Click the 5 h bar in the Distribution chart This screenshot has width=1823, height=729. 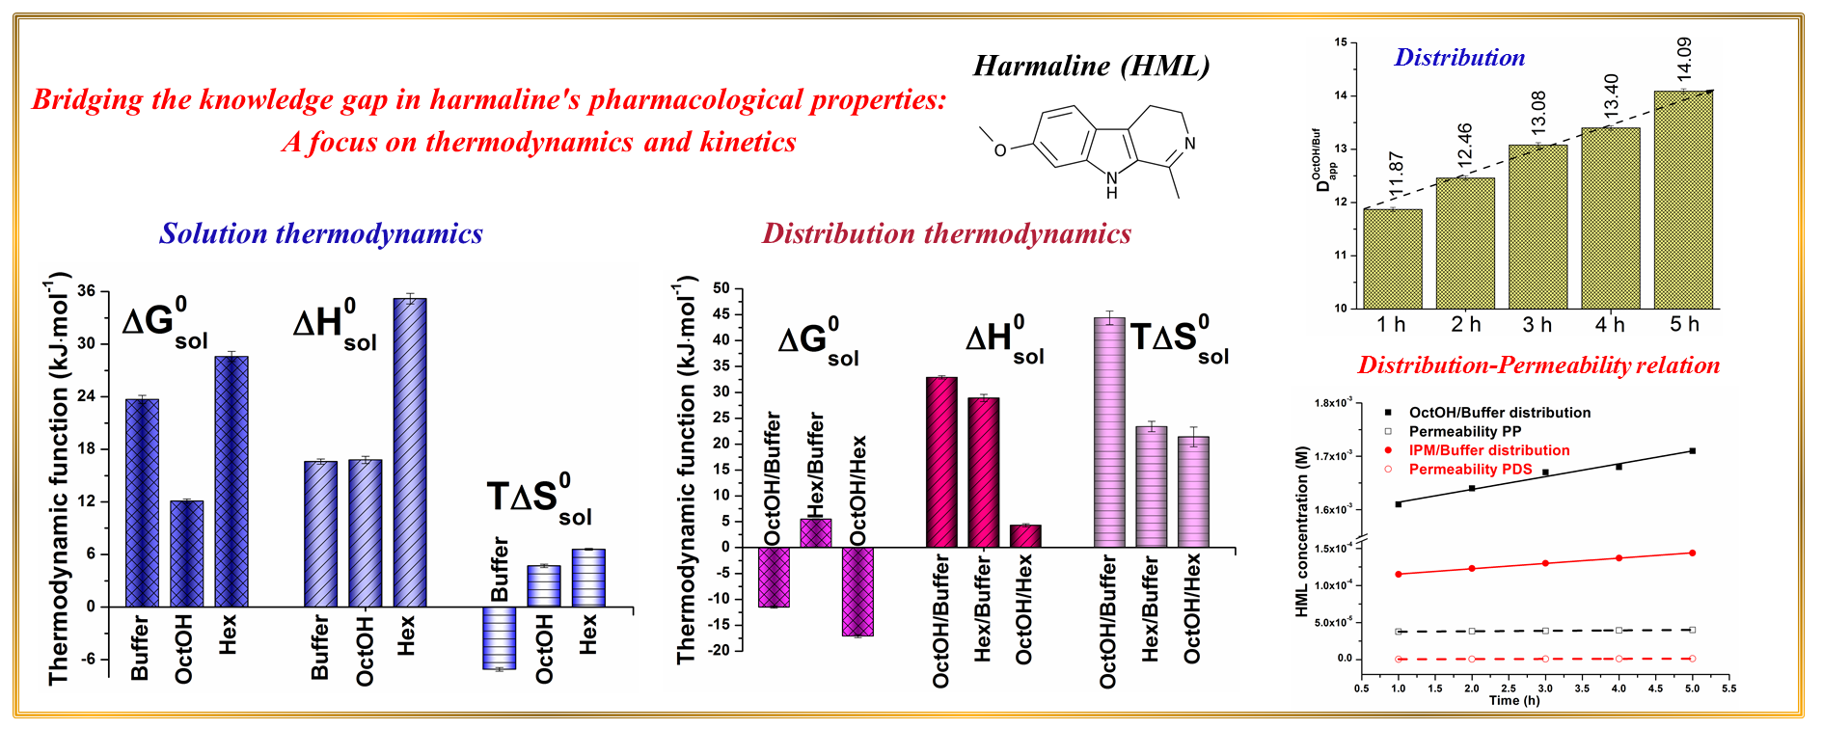click(1683, 200)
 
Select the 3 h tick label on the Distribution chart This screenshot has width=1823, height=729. click(1537, 325)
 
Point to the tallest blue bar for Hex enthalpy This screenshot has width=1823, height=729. click(410, 452)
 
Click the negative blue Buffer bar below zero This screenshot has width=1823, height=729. click(500, 637)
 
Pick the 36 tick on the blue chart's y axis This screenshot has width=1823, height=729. click(86, 291)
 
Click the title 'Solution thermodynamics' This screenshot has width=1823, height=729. click(321, 233)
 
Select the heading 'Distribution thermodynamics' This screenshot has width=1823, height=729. click(946, 233)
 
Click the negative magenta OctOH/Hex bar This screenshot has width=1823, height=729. click(857, 591)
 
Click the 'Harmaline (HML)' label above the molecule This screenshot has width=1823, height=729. click(1091, 66)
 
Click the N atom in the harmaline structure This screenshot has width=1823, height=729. click(1189, 144)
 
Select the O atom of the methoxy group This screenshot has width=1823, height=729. click(1000, 149)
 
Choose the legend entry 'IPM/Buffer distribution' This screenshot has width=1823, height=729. click(1488, 450)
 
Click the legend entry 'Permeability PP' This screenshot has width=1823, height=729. click(1464, 431)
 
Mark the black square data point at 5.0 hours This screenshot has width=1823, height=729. click(1693, 450)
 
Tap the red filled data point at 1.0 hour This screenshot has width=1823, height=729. click(1399, 574)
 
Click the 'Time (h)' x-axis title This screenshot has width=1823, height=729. click(1514, 700)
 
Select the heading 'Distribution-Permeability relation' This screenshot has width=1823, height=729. click(1538, 365)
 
